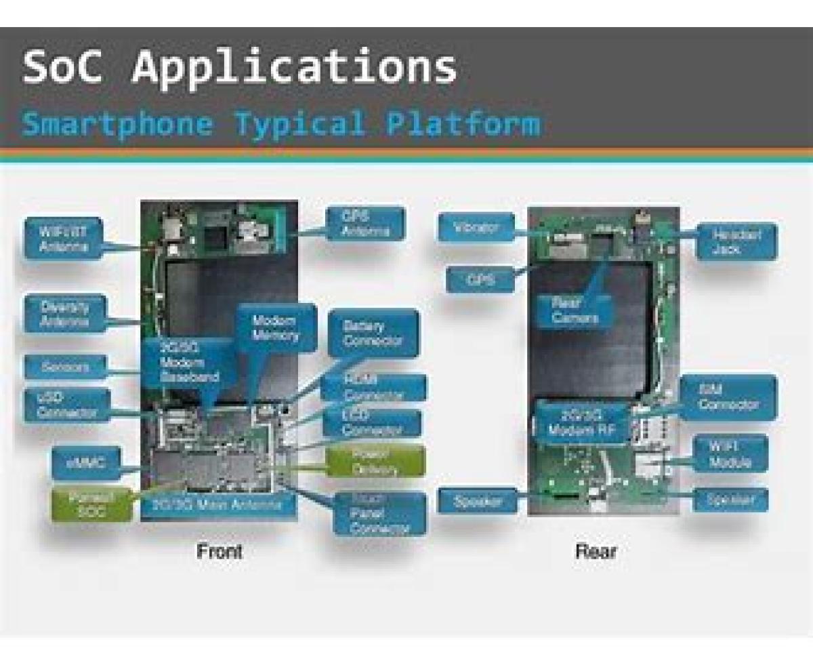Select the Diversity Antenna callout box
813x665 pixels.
click(64, 313)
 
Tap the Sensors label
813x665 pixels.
click(64, 367)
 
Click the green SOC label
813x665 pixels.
click(91, 504)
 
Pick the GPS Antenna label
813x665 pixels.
click(367, 223)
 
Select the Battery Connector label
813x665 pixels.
click(373, 333)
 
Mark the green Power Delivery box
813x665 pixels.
click(375, 461)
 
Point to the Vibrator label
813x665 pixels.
click(477, 227)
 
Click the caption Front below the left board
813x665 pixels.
click(220, 551)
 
